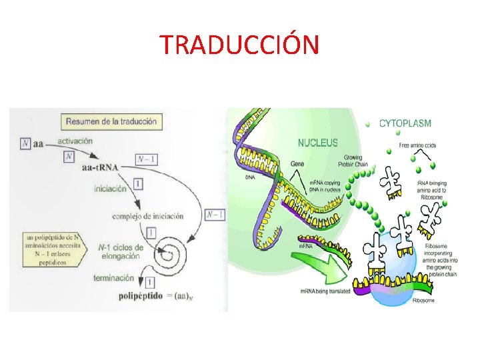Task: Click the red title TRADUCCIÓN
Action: point(239,45)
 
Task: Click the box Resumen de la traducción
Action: point(111,122)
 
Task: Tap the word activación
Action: point(75,141)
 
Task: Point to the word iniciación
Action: point(110,189)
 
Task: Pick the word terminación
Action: point(113,278)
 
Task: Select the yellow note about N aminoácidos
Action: point(51,250)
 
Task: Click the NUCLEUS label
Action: point(317,142)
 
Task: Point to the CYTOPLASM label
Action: point(405,123)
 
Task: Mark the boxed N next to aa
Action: point(25,143)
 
